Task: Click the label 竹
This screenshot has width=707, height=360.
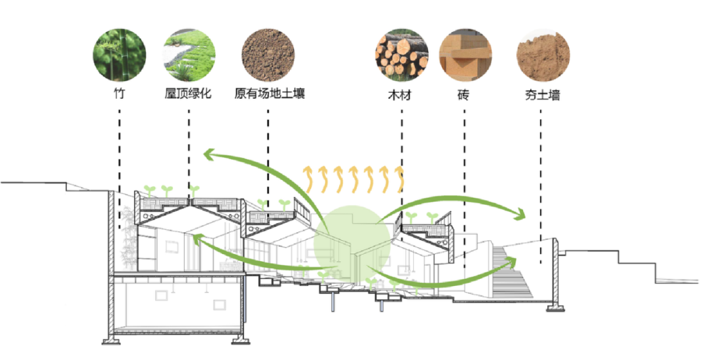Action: [x=118, y=94]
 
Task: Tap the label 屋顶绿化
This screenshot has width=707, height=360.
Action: [x=189, y=94]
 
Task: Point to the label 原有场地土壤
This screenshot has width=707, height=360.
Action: [x=269, y=94]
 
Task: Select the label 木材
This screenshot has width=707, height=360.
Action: [x=401, y=94]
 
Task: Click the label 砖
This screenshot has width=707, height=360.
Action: [x=463, y=94]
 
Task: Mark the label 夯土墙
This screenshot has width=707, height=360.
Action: [x=542, y=94]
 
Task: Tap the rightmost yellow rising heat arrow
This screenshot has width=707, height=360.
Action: [x=399, y=179]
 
